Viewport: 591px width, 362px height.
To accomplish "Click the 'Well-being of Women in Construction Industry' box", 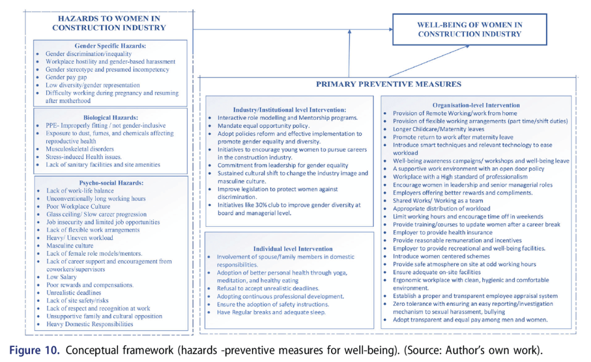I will click(x=469, y=29).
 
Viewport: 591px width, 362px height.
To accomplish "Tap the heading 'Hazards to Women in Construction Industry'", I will click(x=109, y=23).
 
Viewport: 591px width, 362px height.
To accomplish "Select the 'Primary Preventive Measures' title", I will click(x=388, y=84).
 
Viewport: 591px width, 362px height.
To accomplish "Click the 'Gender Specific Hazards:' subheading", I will click(x=110, y=46).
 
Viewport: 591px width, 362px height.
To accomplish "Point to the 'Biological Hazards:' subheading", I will click(x=110, y=117).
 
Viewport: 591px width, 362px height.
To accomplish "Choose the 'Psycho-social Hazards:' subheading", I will click(x=110, y=183).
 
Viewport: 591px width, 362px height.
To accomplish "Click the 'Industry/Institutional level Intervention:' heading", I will click(x=289, y=109).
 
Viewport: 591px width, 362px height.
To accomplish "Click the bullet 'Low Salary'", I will click(x=61, y=277).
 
